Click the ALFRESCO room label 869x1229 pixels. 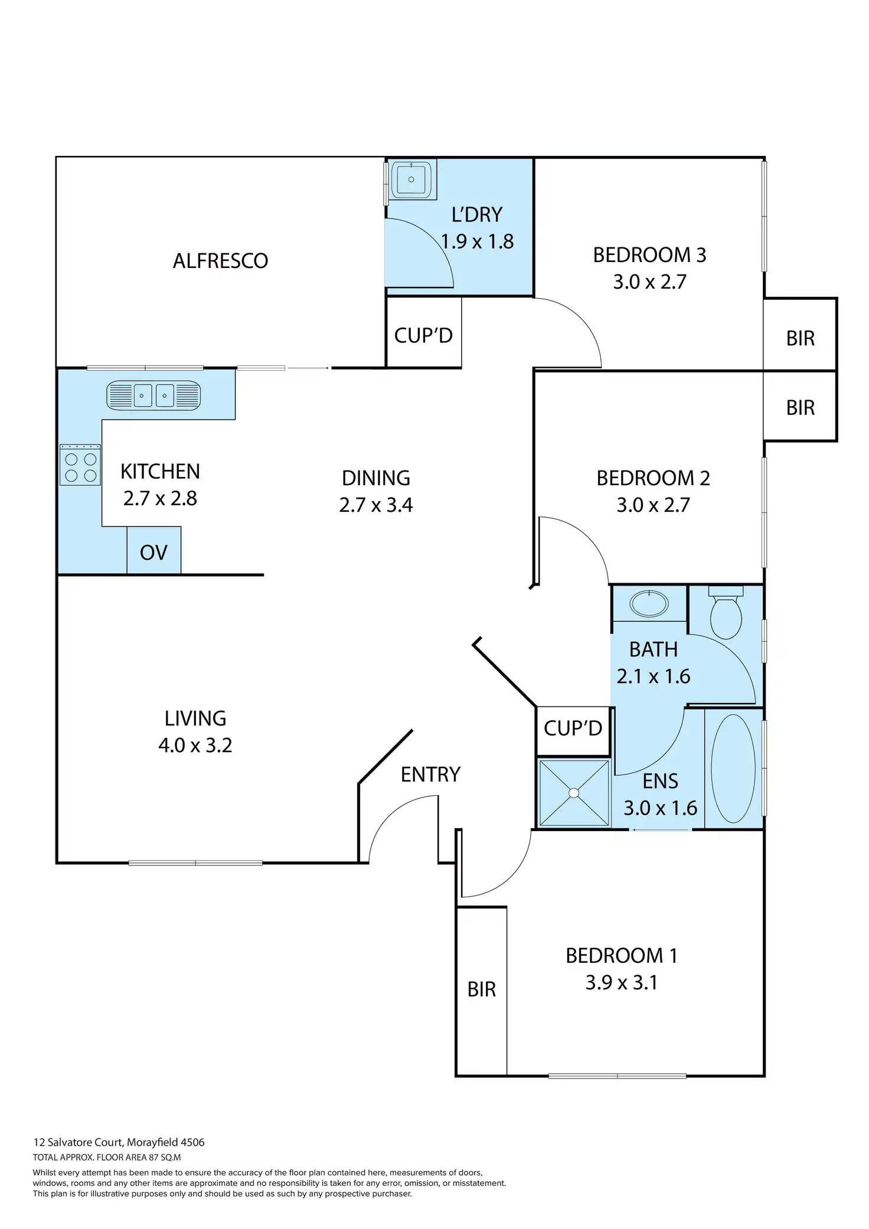click(x=220, y=260)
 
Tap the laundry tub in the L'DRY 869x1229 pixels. click(x=411, y=179)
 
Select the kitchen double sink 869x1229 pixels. click(x=153, y=395)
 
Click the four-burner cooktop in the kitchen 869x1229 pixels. click(x=80, y=466)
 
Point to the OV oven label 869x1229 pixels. click(x=153, y=553)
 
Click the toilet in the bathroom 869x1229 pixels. click(x=726, y=614)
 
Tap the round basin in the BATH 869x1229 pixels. click(x=649, y=604)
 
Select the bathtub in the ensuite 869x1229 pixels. click(x=733, y=769)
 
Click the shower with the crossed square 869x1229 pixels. click(x=574, y=793)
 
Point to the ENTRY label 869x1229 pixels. click(x=430, y=774)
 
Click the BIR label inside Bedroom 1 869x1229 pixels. click(x=481, y=989)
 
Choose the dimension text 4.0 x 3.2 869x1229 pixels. click(x=195, y=746)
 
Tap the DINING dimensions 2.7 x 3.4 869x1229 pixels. click(x=376, y=505)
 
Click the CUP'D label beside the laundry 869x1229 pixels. click(x=423, y=335)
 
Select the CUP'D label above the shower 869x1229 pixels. click(x=573, y=728)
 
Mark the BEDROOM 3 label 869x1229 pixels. click(x=649, y=255)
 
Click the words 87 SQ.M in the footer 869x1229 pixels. click(x=166, y=1158)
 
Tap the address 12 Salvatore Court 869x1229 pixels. click(x=78, y=1142)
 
